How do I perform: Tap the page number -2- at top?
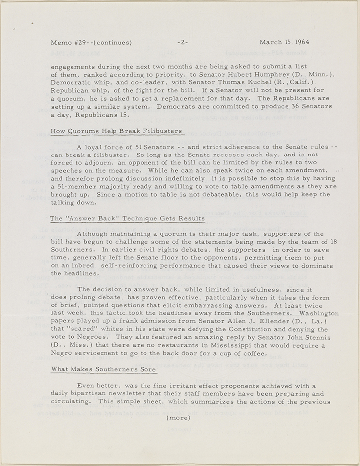click(x=182, y=42)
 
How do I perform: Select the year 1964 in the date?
click(x=300, y=42)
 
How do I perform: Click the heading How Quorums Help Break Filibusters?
click(x=117, y=131)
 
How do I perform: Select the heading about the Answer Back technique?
click(x=128, y=218)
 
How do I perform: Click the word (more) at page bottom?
click(x=179, y=418)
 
